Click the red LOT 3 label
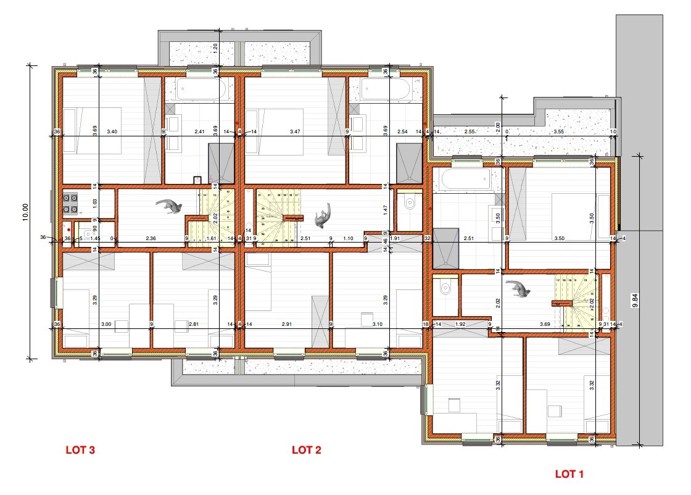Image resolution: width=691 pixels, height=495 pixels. [80, 450]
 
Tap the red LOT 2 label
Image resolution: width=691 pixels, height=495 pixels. [307, 450]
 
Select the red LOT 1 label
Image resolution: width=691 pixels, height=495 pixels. [569, 474]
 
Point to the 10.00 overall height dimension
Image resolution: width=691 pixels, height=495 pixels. [25, 211]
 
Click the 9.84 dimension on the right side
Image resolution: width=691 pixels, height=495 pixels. [635, 300]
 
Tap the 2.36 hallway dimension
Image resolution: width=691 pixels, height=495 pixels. [151, 238]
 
